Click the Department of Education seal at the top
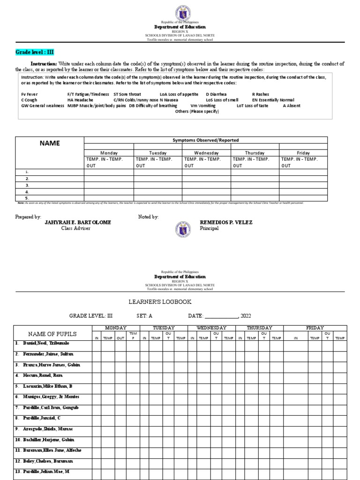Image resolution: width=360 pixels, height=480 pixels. (x=180, y=10)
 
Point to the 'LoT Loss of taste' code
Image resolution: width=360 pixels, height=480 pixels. (x=253, y=106)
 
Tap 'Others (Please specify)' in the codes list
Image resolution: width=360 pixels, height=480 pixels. (x=197, y=112)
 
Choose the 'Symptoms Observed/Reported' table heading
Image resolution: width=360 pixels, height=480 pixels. (x=205, y=140)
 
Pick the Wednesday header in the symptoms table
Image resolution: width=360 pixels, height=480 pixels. (x=206, y=153)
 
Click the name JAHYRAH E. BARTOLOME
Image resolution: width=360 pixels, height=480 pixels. (x=78, y=222)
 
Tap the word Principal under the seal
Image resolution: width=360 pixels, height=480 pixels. (x=210, y=228)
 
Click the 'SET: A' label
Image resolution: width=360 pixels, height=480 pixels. (x=144, y=316)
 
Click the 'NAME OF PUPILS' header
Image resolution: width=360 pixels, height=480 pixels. (x=52, y=334)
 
